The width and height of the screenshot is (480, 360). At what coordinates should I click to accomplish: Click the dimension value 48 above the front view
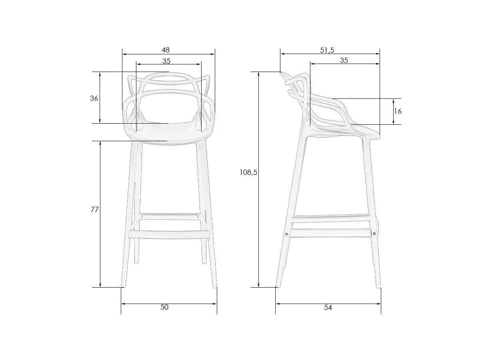click(x=166, y=50)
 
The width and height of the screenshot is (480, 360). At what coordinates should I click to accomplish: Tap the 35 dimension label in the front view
click(x=166, y=61)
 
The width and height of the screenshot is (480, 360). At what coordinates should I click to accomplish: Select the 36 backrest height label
click(x=94, y=98)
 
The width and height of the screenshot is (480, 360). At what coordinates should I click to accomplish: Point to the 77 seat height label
click(x=94, y=209)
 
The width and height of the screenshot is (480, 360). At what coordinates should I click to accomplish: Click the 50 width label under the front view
click(x=164, y=307)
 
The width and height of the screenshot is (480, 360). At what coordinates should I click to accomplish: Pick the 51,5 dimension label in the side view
click(x=327, y=50)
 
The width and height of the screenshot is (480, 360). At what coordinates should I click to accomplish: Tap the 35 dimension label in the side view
click(x=344, y=60)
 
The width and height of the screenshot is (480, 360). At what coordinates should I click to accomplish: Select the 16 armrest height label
click(x=398, y=111)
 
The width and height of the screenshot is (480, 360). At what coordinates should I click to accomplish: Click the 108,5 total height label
click(x=248, y=172)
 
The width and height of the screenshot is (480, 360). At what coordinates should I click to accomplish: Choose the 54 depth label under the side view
click(x=328, y=308)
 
